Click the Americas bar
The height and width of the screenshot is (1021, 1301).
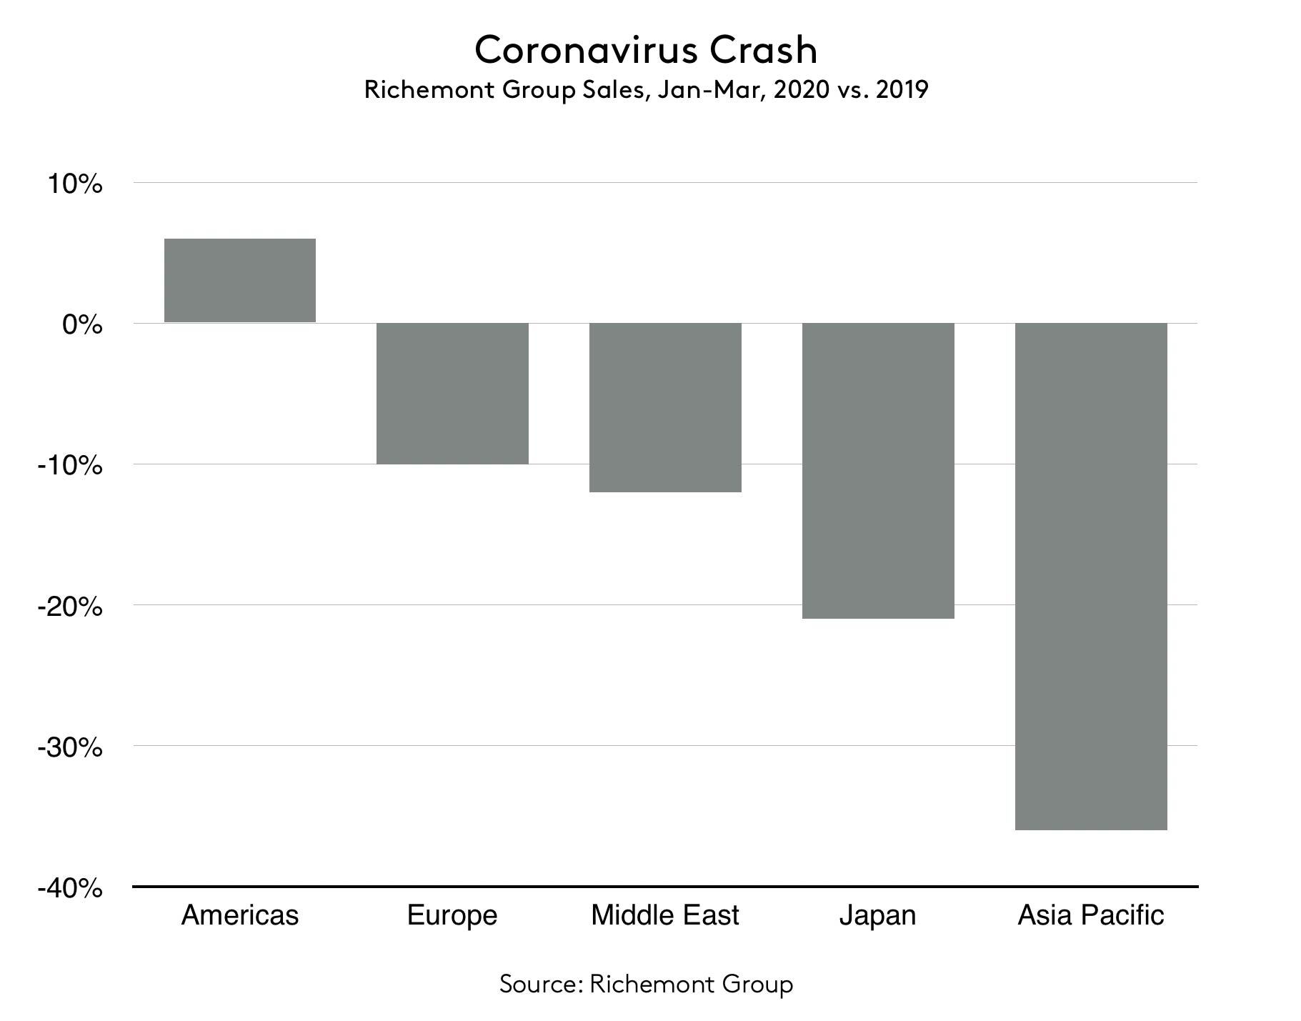[x=240, y=280]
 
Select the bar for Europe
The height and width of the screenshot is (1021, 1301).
[x=452, y=393]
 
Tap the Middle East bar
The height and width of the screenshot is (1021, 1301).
[x=665, y=407]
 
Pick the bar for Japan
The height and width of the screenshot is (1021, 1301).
[x=878, y=470]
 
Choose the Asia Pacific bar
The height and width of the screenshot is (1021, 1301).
[x=1091, y=576]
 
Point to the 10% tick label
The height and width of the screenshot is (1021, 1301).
[x=75, y=184]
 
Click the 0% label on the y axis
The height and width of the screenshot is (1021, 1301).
[x=82, y=325]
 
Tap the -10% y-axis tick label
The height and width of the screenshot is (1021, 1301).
[x=70, y=466]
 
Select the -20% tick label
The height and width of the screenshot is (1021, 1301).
[x=70, y=607]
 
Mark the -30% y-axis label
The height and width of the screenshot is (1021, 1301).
[x=70, y=747]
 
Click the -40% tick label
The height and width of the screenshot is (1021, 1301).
[x=70, y=888]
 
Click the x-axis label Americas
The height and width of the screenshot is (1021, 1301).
[x=240, y=915]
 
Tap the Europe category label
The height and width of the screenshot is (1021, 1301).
[x=452, y=915]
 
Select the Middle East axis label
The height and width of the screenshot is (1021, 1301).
[x=665, y=915]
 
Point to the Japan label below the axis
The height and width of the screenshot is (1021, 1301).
[x=877, y=915]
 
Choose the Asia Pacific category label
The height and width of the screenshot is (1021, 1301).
[x=1091, y=915]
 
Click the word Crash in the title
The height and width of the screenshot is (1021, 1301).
[x=764, y=50]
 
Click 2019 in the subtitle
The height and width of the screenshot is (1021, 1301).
[x=902, y=90]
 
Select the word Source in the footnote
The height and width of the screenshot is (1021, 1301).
[x=541, y=984]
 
